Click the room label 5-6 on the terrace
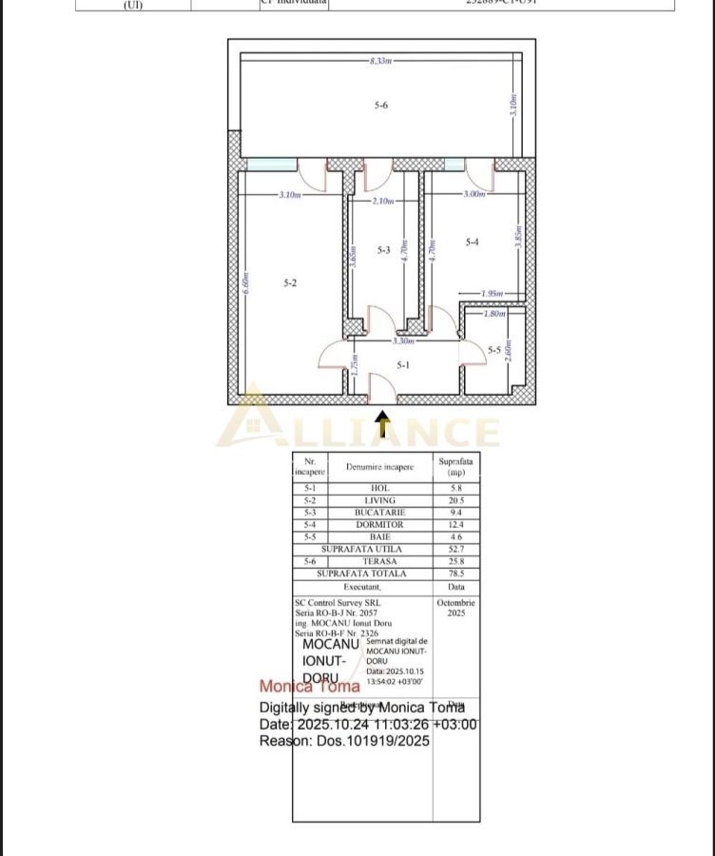click(380, 105)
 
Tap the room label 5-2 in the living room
click(291, 282)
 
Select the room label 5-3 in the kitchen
click(383, 250)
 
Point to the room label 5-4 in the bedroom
click(472, 242)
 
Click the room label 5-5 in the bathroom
click(494, 351)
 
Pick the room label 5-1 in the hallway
click(403, 364)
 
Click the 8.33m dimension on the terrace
click(380, 60)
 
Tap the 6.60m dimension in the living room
click(245, 283)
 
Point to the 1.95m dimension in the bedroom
click(492, 293)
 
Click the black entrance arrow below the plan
click(382, 425)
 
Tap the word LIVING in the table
click(379, 500)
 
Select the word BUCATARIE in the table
click(379, 513)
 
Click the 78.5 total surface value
click(455, 574)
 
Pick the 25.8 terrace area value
click(455, 561)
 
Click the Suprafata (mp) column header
click(455, 466)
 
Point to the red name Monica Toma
click(310, 686)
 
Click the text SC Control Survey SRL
click(334, 603)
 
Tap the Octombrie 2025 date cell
click(456, 608)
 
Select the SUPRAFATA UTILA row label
click(361, 549)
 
